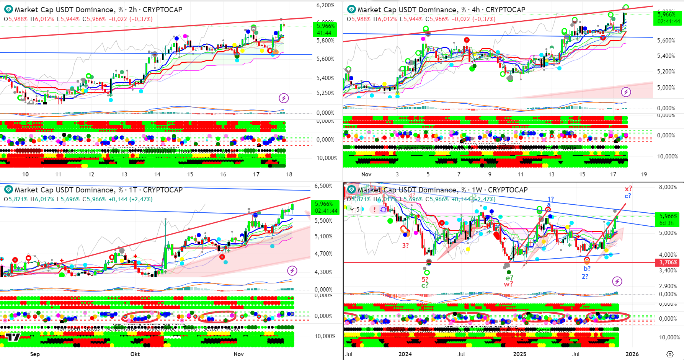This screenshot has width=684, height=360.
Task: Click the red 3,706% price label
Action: pyautogui.click(x=668, y=262)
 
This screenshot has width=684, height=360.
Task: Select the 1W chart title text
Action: pyautogui.click(x=442, y=190)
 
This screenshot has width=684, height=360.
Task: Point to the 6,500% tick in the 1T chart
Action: pyautogui.click(x=323, y=186)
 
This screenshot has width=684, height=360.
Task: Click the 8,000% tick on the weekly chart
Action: pyautogui.click(x=668, y=187)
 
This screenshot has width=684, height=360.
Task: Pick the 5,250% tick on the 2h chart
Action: pyautogui.click(x=325, y=93)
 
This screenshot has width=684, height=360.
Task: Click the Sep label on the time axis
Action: pyautogui.click(x=35, y=354)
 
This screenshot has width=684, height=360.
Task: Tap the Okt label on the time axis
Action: pyautogui.click(x=135, y=354)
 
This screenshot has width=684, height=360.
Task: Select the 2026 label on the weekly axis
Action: pyautogui.click(x=632, y=354)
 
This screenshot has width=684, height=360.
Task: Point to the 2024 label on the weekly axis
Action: pyautogui.click(x=405, y=354)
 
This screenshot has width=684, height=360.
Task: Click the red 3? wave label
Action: pyautogui.click(x=405, y=246)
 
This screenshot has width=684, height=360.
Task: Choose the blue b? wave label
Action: pyautogui.click(x=587, y=269)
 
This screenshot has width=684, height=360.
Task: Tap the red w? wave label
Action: pyautogui.click(x=508, y=284)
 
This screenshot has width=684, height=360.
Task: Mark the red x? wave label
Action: pyautogui.click(x=628, y=189)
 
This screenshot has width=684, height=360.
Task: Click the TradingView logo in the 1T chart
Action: pyautogui.click(x=13, y=337)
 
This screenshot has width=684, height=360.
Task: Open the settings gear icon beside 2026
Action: pyautogui.click(x=670, y=354)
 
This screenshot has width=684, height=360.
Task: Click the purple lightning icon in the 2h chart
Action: pyautogui.click(x=284, y=98)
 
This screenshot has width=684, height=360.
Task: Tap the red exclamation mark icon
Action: pyautogui.click(x=374, y=210)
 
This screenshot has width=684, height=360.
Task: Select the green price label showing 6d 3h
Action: pyautogui.click(x=668, y=220)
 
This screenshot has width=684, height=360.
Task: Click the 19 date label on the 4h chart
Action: pyautogui.click(x=644, y=174)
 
